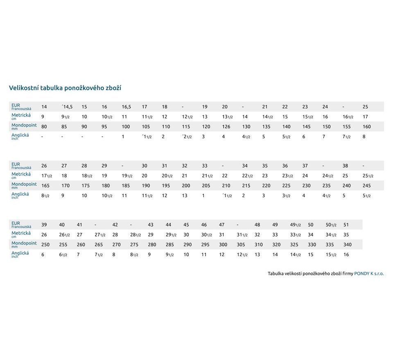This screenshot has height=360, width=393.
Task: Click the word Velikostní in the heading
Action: pos(23,88)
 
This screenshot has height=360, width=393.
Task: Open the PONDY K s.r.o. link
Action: pos(369,274)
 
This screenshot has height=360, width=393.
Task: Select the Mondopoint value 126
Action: pos(226,127)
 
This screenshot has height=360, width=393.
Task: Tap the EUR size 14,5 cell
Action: pos(67,107)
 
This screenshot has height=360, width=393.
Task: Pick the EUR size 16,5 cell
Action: pos(126,107)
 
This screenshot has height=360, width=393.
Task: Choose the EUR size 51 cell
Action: pos(346,225)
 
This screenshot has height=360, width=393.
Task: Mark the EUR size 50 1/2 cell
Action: pos(331,225)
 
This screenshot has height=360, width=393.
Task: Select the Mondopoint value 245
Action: pos(367,186)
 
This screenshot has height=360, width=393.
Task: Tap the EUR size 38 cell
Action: pos(346,166)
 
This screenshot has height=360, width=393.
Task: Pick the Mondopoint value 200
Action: pos(186,186)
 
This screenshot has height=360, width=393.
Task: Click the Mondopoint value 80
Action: pos(44,127)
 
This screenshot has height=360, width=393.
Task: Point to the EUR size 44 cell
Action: pos(168,225)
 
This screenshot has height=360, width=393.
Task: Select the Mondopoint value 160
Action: pos(367,127)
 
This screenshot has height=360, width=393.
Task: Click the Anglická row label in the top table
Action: pos(20,136)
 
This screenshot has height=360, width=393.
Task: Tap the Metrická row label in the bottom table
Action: pos(21,234)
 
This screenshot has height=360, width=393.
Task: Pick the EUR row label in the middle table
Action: pos(16,164)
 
